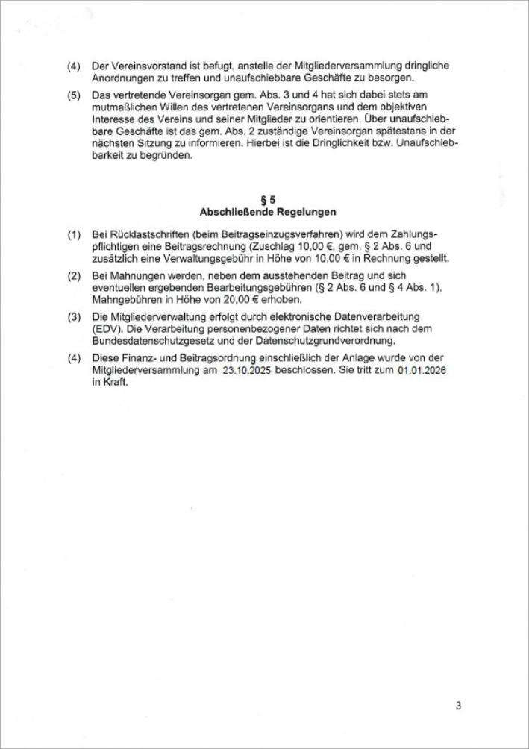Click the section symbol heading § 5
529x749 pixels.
tap(267, 200)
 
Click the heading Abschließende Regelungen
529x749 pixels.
tap(267, 211)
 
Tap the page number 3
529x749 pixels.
tap(459, 705)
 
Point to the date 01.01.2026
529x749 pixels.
tap(422, 370)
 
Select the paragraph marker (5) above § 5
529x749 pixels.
tap(74, 95)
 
